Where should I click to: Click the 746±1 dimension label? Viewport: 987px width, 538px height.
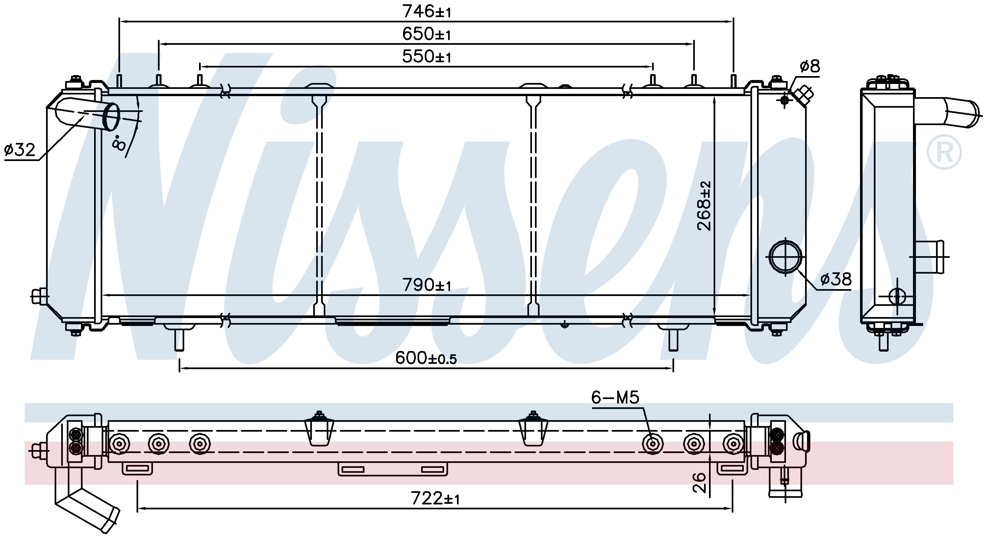(x=426, y=12)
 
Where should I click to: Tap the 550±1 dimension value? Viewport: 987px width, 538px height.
(x=426, y=56)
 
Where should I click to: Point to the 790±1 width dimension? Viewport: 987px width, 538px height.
(x=426, y=285)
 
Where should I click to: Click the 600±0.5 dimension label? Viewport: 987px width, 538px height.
(x=426, y=358)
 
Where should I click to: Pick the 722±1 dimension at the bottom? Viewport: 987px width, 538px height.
(x=435, y=498)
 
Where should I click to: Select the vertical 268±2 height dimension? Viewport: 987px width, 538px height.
(x=704, y=205)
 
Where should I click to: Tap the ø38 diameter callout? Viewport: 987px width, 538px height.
(x=836, y=279)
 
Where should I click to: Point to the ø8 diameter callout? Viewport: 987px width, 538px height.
(x=809, y=66)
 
